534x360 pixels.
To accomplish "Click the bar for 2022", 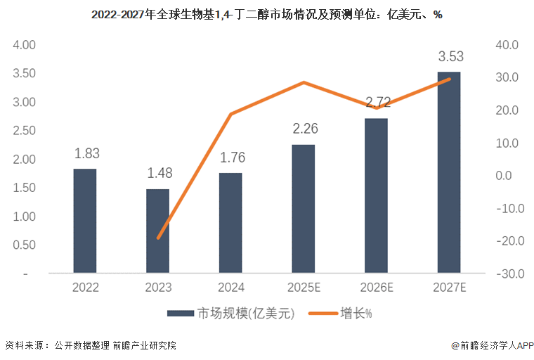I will click(85, 220).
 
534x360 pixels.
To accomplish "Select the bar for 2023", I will click(157, 231).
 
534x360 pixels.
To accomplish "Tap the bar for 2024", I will click(230, 222).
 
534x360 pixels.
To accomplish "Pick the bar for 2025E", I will click(304, 208).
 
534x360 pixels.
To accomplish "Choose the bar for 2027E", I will click(449, 172).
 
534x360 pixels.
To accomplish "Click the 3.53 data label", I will click(450, 57).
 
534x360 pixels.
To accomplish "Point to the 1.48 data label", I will click(158, 174).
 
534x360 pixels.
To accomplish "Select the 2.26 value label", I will click(305, 129).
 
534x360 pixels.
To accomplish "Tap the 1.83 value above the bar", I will click(85, 153).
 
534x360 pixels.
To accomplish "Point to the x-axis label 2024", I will click(230, 288).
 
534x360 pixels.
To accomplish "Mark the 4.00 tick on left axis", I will click(25, 45).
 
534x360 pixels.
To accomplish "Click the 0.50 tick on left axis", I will click(25, 245).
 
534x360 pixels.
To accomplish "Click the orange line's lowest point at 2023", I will click(158, 238).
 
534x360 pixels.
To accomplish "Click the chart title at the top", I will click(266, 14).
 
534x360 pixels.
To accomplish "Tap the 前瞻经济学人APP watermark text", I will click(493, 346).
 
